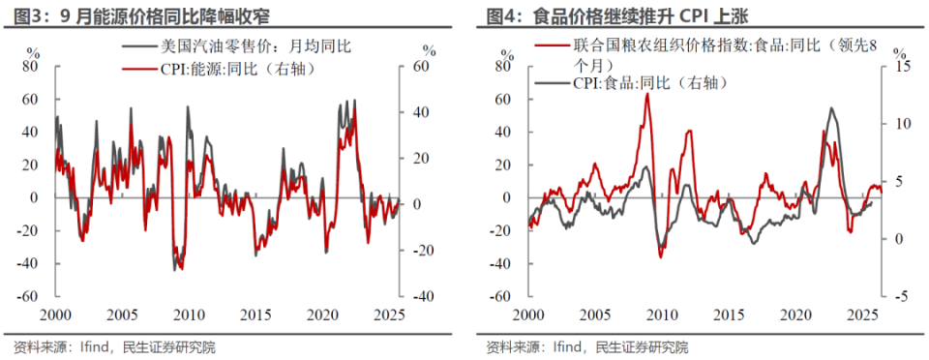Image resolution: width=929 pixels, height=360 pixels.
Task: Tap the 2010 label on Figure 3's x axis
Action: pos(189,315)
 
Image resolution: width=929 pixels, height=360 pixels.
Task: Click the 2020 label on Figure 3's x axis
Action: pos(324,315)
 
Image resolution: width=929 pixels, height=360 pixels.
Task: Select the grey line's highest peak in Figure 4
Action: pos(831,108)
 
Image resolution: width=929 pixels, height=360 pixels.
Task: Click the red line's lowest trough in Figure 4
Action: pos(660,256)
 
